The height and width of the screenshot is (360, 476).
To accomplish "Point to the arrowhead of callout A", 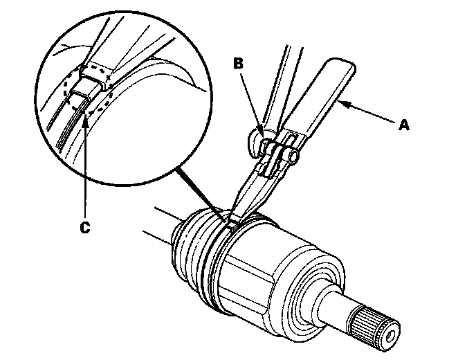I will [x=341, y=103].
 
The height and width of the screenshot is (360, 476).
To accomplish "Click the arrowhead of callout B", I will [x=262, y=131].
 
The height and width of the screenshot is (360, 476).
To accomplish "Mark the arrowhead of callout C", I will [x=84, y=117].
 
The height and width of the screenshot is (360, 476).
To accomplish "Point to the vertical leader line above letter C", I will [x=84, y=166].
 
